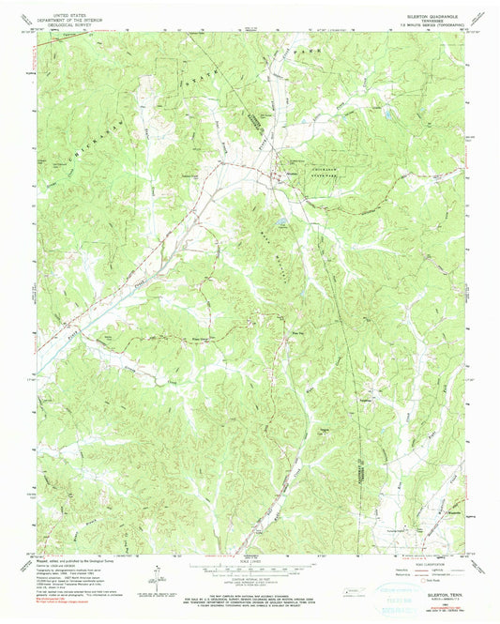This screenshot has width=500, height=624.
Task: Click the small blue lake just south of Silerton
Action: pyautogui.click(x=280, y=222)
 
